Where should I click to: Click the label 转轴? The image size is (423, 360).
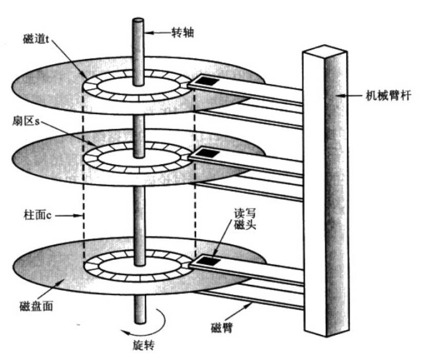(183, 33)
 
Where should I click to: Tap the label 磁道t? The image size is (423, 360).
(36, 40)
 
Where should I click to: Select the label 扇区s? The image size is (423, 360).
(26, 121)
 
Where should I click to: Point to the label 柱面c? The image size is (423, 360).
(37, 215)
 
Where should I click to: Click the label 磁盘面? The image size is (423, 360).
(36, 306)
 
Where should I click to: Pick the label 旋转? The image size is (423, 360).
(144, 345)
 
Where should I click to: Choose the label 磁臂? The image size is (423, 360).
(221, 328)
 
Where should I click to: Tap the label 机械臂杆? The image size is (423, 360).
(388, 96)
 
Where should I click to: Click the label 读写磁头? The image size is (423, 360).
(244, 219)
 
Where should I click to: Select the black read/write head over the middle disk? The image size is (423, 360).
(207, 153)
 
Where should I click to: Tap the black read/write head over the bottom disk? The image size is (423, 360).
(208, 260)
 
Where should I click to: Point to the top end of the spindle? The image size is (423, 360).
(138, 21)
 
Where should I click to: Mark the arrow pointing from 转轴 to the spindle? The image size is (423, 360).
(158, 33)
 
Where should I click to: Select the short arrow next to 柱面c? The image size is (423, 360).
(68, 215)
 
